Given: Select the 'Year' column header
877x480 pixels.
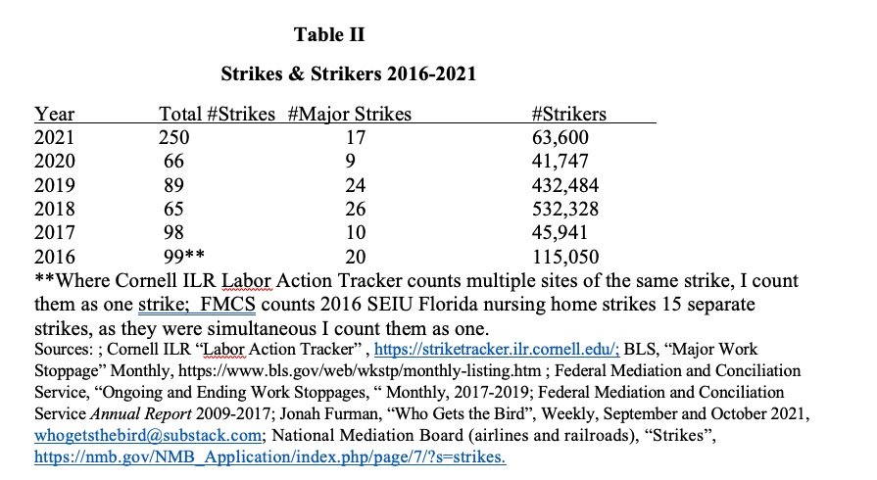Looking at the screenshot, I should click(54, 115).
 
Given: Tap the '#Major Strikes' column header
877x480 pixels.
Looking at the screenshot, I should click(350, 115).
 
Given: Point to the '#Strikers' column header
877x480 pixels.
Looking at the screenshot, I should click(568, 115).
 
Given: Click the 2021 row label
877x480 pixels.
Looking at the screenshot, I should click(54, 138).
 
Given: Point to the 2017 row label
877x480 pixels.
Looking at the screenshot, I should click(54, 232).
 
